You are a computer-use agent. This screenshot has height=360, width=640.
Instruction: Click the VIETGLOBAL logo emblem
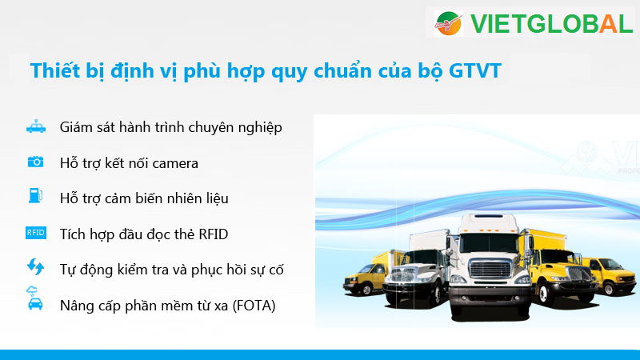448,24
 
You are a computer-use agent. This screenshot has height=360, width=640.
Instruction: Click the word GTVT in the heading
475,70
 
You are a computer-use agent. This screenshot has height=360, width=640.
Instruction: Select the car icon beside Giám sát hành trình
36,126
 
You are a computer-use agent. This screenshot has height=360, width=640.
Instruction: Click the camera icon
35,162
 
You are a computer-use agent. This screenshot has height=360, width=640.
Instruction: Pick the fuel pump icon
35,195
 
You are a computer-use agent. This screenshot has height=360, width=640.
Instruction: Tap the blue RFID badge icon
36,233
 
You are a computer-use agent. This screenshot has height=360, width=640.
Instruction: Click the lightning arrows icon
35,266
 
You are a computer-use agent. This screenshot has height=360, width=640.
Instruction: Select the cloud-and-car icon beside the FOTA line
34,298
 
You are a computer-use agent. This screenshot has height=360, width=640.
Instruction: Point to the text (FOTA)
254,306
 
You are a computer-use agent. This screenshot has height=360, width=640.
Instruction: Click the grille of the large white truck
490,270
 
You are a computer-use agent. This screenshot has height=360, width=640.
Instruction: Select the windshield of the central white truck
489,243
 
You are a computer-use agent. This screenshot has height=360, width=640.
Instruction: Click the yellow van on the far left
365,274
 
